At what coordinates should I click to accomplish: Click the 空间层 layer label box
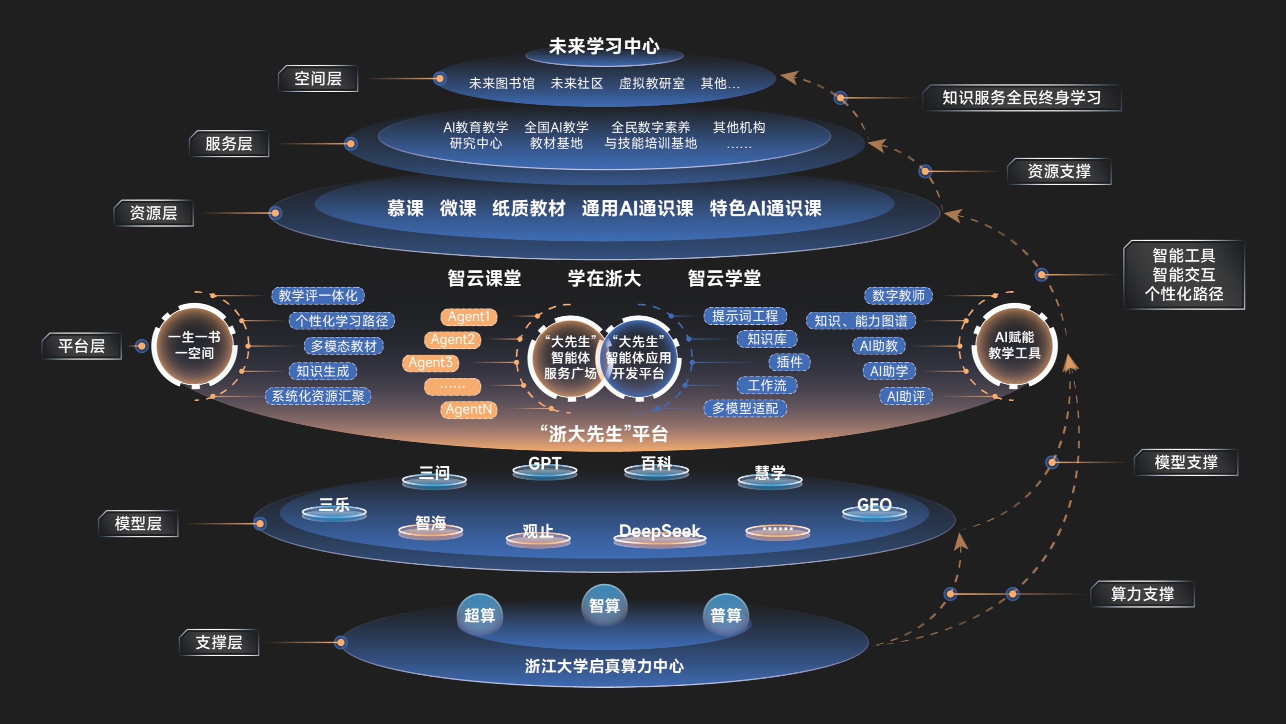[318, 79]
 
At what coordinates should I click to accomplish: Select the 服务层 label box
[229, 144]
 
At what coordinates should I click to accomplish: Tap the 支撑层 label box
[219, 642]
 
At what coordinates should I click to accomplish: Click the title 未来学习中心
[604, 46]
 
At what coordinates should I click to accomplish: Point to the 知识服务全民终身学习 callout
[1021, 97]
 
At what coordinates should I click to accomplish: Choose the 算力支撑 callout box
[1142, 594]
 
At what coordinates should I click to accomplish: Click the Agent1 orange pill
[469, 317]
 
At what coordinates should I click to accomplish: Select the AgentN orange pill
[469, 410]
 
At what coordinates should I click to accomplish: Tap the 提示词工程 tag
[745, 316]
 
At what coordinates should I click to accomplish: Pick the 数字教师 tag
[898, 296]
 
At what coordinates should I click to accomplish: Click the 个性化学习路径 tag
[342, 321]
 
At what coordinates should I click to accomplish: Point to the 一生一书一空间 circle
[195, 345]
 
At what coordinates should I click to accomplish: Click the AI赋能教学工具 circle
[1014, 345]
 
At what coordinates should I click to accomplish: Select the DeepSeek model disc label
[659, 531]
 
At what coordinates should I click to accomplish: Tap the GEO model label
[874, 505]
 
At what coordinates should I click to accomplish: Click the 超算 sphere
[480, 615]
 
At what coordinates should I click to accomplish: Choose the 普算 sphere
[726, 615]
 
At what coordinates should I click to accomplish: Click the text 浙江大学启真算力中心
[604, 666]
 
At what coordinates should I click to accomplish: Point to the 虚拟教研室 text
[652, 84]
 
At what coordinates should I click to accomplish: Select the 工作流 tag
[767, 385]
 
